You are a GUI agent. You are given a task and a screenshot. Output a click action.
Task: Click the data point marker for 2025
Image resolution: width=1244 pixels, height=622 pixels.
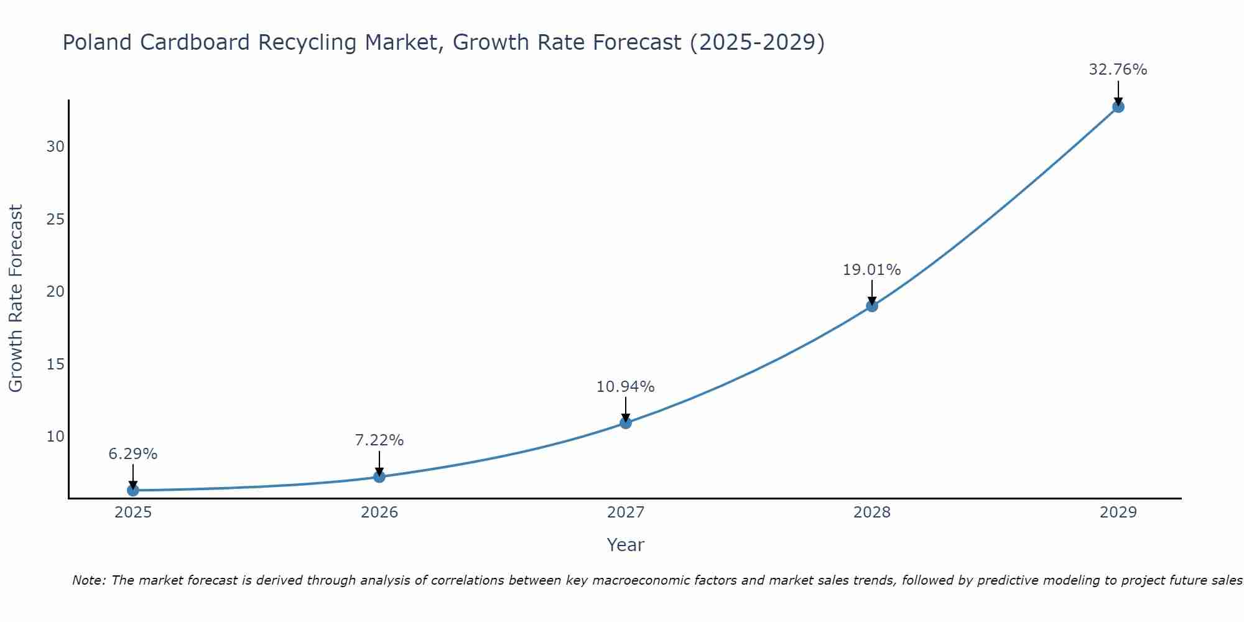(x=133, y=490)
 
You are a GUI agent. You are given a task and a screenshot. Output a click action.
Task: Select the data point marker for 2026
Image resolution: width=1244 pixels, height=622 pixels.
(x=379, y=476)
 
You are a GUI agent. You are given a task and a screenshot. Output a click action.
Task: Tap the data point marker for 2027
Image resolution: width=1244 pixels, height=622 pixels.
(x=626, y=423)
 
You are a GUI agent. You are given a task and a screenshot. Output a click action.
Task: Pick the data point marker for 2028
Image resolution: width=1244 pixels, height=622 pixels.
(x=872, y=306)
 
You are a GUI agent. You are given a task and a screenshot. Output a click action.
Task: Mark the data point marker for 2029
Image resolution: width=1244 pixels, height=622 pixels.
(x=1118, y=107)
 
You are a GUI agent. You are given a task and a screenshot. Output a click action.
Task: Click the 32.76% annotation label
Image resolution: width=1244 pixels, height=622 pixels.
(x=1118, y=70)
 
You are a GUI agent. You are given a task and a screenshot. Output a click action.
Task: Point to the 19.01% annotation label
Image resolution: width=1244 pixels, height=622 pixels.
(x=871, y=270)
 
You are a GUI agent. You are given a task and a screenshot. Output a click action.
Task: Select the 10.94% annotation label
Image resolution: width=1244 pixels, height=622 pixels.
(x=625, y=387)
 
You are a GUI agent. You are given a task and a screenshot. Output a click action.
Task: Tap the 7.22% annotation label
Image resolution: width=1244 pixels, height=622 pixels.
(x=379, y=440)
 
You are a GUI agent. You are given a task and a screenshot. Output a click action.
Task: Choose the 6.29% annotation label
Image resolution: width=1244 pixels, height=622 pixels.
(x=133, y=454)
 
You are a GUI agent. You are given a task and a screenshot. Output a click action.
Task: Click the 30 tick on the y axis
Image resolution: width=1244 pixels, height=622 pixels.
(x=55, y=147)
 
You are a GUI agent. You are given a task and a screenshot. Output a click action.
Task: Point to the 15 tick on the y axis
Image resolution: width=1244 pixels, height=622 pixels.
(x=55, y=364)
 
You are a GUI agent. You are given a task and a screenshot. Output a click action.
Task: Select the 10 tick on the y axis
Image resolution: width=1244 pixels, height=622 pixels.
(x=55, y=437)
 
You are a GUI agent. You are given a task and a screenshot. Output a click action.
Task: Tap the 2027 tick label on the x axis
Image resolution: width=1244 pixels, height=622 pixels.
(x=626, y=513)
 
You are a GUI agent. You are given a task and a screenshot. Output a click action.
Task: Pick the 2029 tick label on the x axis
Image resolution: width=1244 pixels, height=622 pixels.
(x=1118, y=513)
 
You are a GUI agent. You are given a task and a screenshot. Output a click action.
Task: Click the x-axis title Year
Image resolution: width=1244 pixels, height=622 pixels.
(x=625, y=545)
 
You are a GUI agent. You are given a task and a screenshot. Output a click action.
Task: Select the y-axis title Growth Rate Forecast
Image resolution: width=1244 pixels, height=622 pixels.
(x=16, y=299)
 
